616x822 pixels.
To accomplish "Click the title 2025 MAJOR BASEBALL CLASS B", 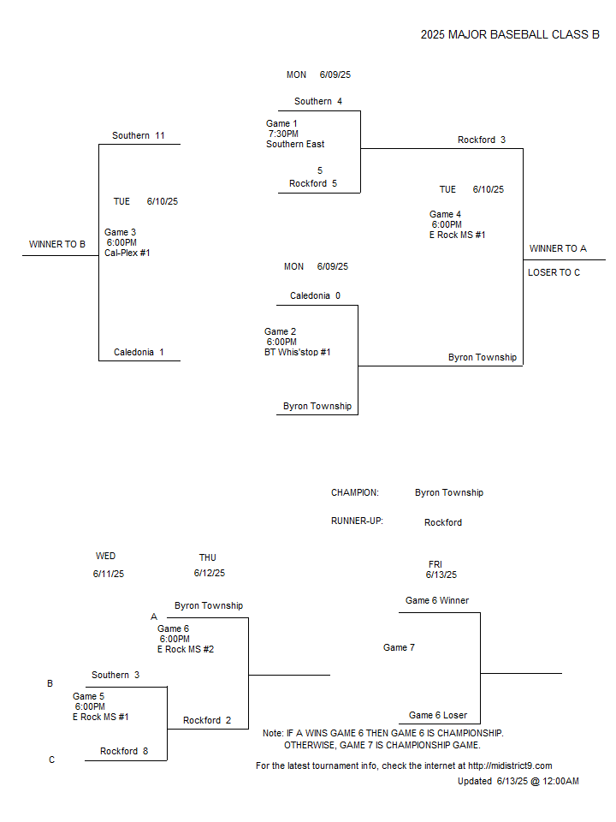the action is [510, 34].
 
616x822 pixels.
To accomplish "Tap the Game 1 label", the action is [281, 123].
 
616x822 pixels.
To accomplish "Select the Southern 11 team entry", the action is [139, 135].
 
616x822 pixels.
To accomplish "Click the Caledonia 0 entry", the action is [315, 295].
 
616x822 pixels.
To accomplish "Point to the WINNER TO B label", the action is [57, 244].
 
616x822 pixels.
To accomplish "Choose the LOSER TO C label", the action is [554, 272].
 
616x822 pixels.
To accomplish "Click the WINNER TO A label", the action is [558, 248].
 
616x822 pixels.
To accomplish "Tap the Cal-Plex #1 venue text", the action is [127, 253].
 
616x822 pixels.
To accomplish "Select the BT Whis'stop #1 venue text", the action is [298, 352].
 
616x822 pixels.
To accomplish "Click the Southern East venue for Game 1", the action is [295, 144].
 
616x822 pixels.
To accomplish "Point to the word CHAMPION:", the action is [354, 493].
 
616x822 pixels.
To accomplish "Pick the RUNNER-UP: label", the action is [357, 521].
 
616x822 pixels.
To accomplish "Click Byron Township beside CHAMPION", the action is [449, 493].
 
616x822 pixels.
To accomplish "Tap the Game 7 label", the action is [399, 648].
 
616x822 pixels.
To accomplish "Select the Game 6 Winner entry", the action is [437, 601].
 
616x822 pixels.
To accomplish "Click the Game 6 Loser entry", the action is [438, 716].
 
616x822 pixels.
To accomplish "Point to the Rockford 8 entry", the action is [124, 751].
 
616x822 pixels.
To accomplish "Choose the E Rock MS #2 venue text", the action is [186, 650].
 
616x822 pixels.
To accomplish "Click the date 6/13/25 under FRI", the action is [441, 575].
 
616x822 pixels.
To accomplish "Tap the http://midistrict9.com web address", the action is [510, 765].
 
